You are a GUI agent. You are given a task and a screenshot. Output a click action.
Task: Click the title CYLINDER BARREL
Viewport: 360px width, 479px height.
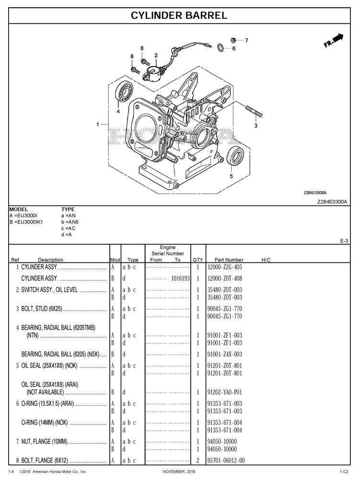coord(179,15)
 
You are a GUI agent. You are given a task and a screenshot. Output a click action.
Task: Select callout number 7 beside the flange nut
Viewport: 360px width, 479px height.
coord(246,40)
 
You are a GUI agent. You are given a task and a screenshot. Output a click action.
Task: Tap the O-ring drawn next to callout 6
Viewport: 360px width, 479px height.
coord(221,47)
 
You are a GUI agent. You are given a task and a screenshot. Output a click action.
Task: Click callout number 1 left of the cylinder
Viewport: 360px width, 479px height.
coord(97,125)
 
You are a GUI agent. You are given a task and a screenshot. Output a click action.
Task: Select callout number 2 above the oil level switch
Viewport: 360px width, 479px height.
coord(156,56)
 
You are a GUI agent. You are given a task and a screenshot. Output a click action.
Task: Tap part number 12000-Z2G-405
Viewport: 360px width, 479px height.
coord(225,267)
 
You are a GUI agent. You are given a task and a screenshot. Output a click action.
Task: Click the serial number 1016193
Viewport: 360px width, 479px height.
coord(180,278)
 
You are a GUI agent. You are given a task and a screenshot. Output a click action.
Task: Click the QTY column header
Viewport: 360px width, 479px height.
coord(198,260)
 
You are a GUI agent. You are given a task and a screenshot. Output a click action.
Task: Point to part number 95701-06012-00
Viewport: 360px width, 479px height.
coord(226,461)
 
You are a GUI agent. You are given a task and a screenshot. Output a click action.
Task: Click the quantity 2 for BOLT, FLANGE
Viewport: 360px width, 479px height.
coord(198,461)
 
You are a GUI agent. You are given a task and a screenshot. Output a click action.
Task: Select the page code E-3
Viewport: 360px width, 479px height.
coord(344,241)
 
